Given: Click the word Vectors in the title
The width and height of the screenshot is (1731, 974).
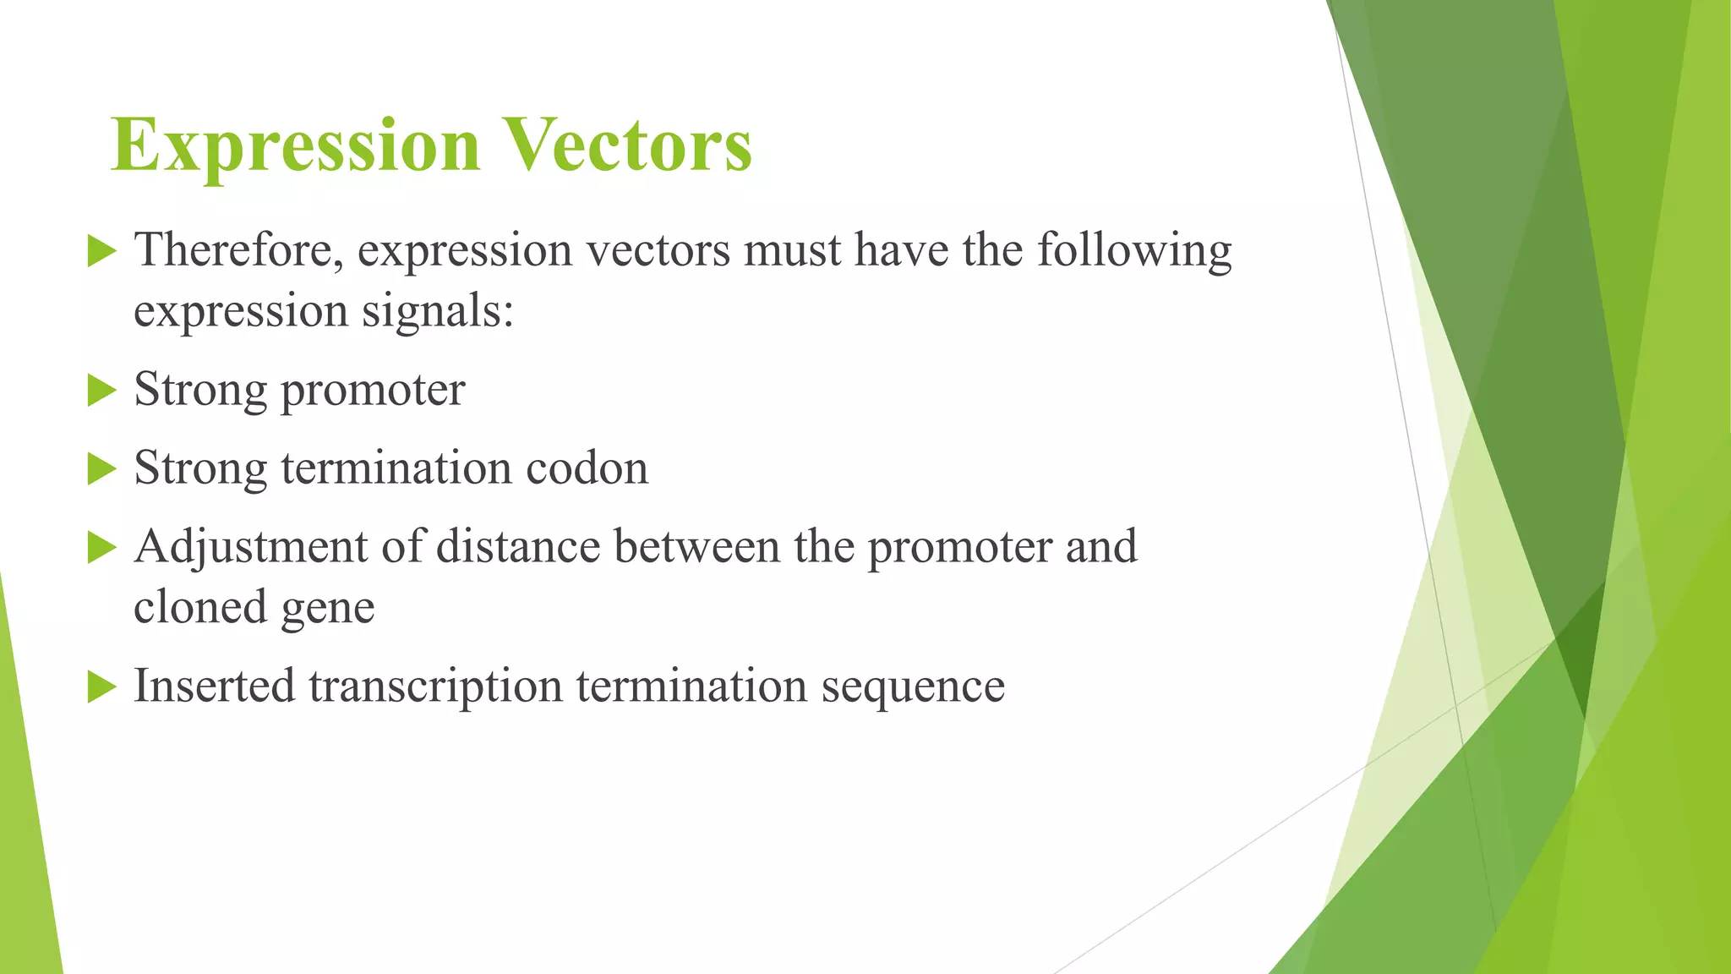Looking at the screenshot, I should pyautogui.click(x=626, y=145).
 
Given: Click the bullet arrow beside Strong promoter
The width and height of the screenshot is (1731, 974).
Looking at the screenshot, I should pyautogui.click(x=101, y=391).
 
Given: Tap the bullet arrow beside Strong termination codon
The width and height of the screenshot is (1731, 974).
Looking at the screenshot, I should pyautogui.click(x=101, y=469).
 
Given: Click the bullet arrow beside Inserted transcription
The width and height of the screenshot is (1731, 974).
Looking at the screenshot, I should pyautogui.click(x=101, y=687).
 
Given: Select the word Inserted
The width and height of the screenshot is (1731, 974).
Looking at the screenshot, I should pyautogui.click(x=214, y=686).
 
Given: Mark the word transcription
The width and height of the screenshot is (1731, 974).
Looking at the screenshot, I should pyautogui.click(x=435, y=687).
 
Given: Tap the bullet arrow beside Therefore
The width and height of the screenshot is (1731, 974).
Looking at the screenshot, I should pyautogui.click(x=101, y=252).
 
